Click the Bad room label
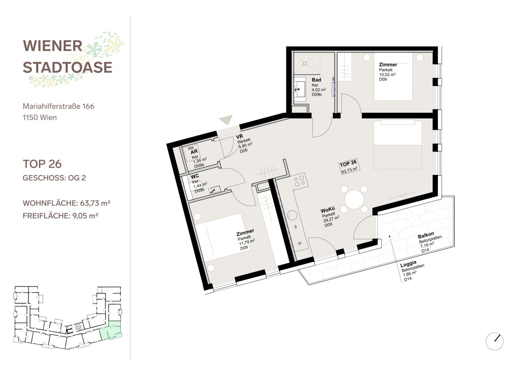click(316, 80)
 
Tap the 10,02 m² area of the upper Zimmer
click(387, 74)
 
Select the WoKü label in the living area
click(328, 210)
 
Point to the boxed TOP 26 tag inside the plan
click(348, 166)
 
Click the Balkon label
click(426, 235)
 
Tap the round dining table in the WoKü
click(354, 200)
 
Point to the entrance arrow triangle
click(226, 119)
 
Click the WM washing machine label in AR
click(191, 148)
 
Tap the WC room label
click(195, 176)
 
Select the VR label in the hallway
click(239, 136)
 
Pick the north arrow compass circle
click(495, 341)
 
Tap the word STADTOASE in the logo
click(67, 67)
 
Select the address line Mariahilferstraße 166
click(58, 106)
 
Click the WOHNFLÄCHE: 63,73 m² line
click(67, 203)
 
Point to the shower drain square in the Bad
click(305, 64)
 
